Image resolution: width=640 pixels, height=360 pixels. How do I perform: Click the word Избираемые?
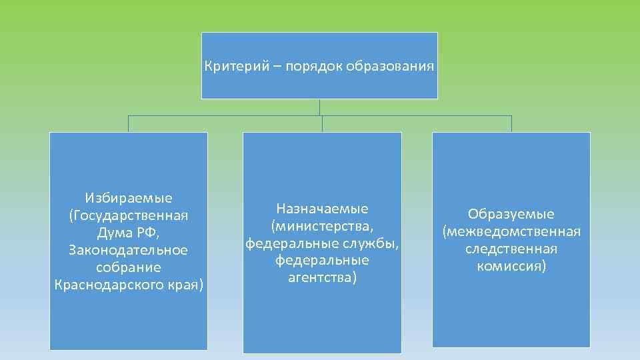tap(129, 198)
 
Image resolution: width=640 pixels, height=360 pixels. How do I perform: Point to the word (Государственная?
tap(129, 215)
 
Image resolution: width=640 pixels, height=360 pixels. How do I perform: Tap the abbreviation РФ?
tap(148, 233)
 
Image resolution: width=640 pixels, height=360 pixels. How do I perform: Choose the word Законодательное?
tap(129, 250)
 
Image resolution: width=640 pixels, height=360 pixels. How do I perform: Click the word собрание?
tap(129, 267)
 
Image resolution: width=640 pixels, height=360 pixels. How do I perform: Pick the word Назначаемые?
tap(322, 209)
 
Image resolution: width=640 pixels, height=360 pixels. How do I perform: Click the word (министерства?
tap(322, 226)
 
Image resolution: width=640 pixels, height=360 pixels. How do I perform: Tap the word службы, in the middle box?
tap(373, 243)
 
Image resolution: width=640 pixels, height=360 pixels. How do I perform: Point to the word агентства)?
tap(322, 277)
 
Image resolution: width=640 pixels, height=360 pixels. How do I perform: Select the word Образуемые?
tap(511, 214)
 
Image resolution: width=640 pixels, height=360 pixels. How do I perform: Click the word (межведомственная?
tap(511, 231)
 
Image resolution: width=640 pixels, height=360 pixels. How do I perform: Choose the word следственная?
tap(511, 249)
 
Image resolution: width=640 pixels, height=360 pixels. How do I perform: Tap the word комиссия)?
tap(511, 266)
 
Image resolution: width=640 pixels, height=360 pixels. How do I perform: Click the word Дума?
tap(113, 233)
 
